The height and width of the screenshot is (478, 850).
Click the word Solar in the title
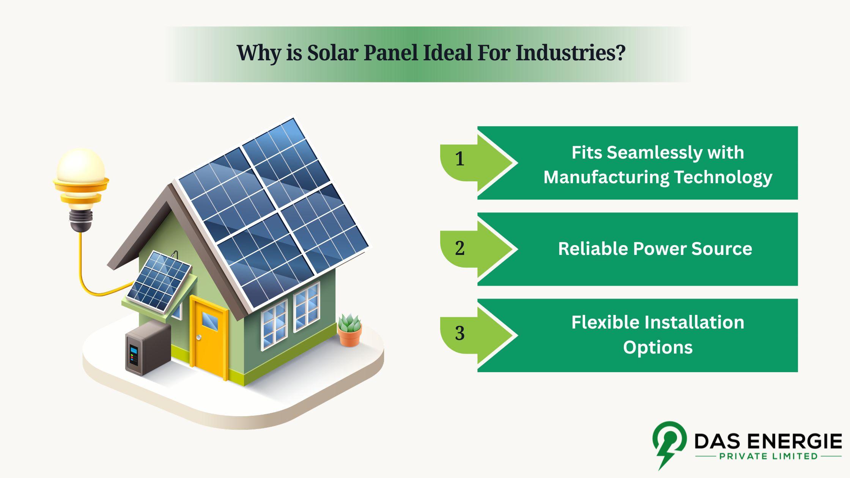(332, 53)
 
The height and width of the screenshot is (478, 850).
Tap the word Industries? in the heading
(570, 53)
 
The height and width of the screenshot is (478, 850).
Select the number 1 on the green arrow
(460, 159)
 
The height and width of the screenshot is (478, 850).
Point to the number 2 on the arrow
(460, 248)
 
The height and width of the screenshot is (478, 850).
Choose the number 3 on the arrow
(460, 333)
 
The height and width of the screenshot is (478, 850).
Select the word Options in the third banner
(658, 347)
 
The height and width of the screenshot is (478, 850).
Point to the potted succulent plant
(349, 330)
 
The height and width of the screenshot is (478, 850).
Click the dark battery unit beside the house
(148, 348)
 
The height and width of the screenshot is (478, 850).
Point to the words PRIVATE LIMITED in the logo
(768, 456)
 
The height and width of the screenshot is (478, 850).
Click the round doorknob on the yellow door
(198, 337)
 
